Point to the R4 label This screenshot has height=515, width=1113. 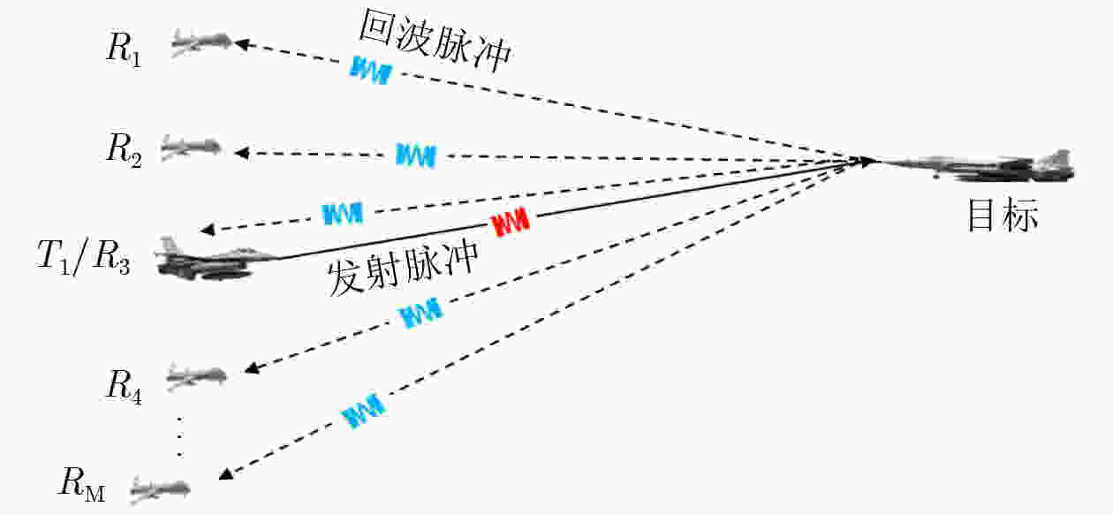tap(124, 384)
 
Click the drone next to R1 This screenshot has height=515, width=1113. tap(201, 41)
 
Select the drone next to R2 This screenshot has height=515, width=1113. tap(192, 146)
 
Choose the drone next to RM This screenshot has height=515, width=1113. tap(160, 485)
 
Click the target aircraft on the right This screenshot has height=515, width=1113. tap(980, 165)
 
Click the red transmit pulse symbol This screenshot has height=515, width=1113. tap(511, 223)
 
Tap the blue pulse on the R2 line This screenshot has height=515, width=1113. tap(415, 155)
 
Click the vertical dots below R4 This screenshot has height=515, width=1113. tap(179, 435)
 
